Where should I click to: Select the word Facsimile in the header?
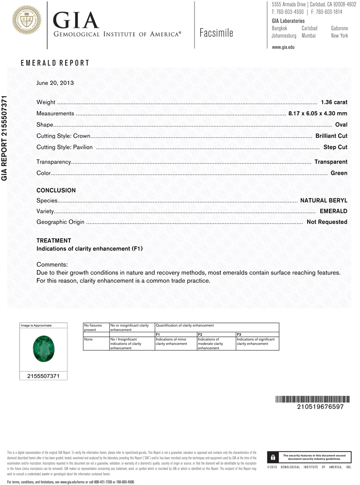[x=216, y=33]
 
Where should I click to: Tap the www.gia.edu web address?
[x=283, y=47]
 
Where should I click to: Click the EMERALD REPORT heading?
[x=55, y=63]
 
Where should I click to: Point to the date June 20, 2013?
[x=55, y=83]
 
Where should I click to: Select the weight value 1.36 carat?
[x=334, y=102]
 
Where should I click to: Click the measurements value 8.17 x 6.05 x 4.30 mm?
[x=317, y=113]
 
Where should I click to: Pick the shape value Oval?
[x=341, y=125]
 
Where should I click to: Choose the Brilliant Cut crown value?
[x=331, y=136]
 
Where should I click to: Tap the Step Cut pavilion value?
[x=335, y=147]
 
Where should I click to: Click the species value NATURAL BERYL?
[x=324, y=200]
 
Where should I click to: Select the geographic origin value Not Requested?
[x=327, y=222]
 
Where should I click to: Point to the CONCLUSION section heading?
[x=56, y=191]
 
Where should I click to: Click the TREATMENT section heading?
[x=53, y=241]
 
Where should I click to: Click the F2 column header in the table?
[x=200, y=335]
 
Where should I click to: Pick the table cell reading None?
[x=88, y=339]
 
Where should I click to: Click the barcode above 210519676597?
[x=312, y=399]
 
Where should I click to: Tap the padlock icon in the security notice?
[x=274, y=457]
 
